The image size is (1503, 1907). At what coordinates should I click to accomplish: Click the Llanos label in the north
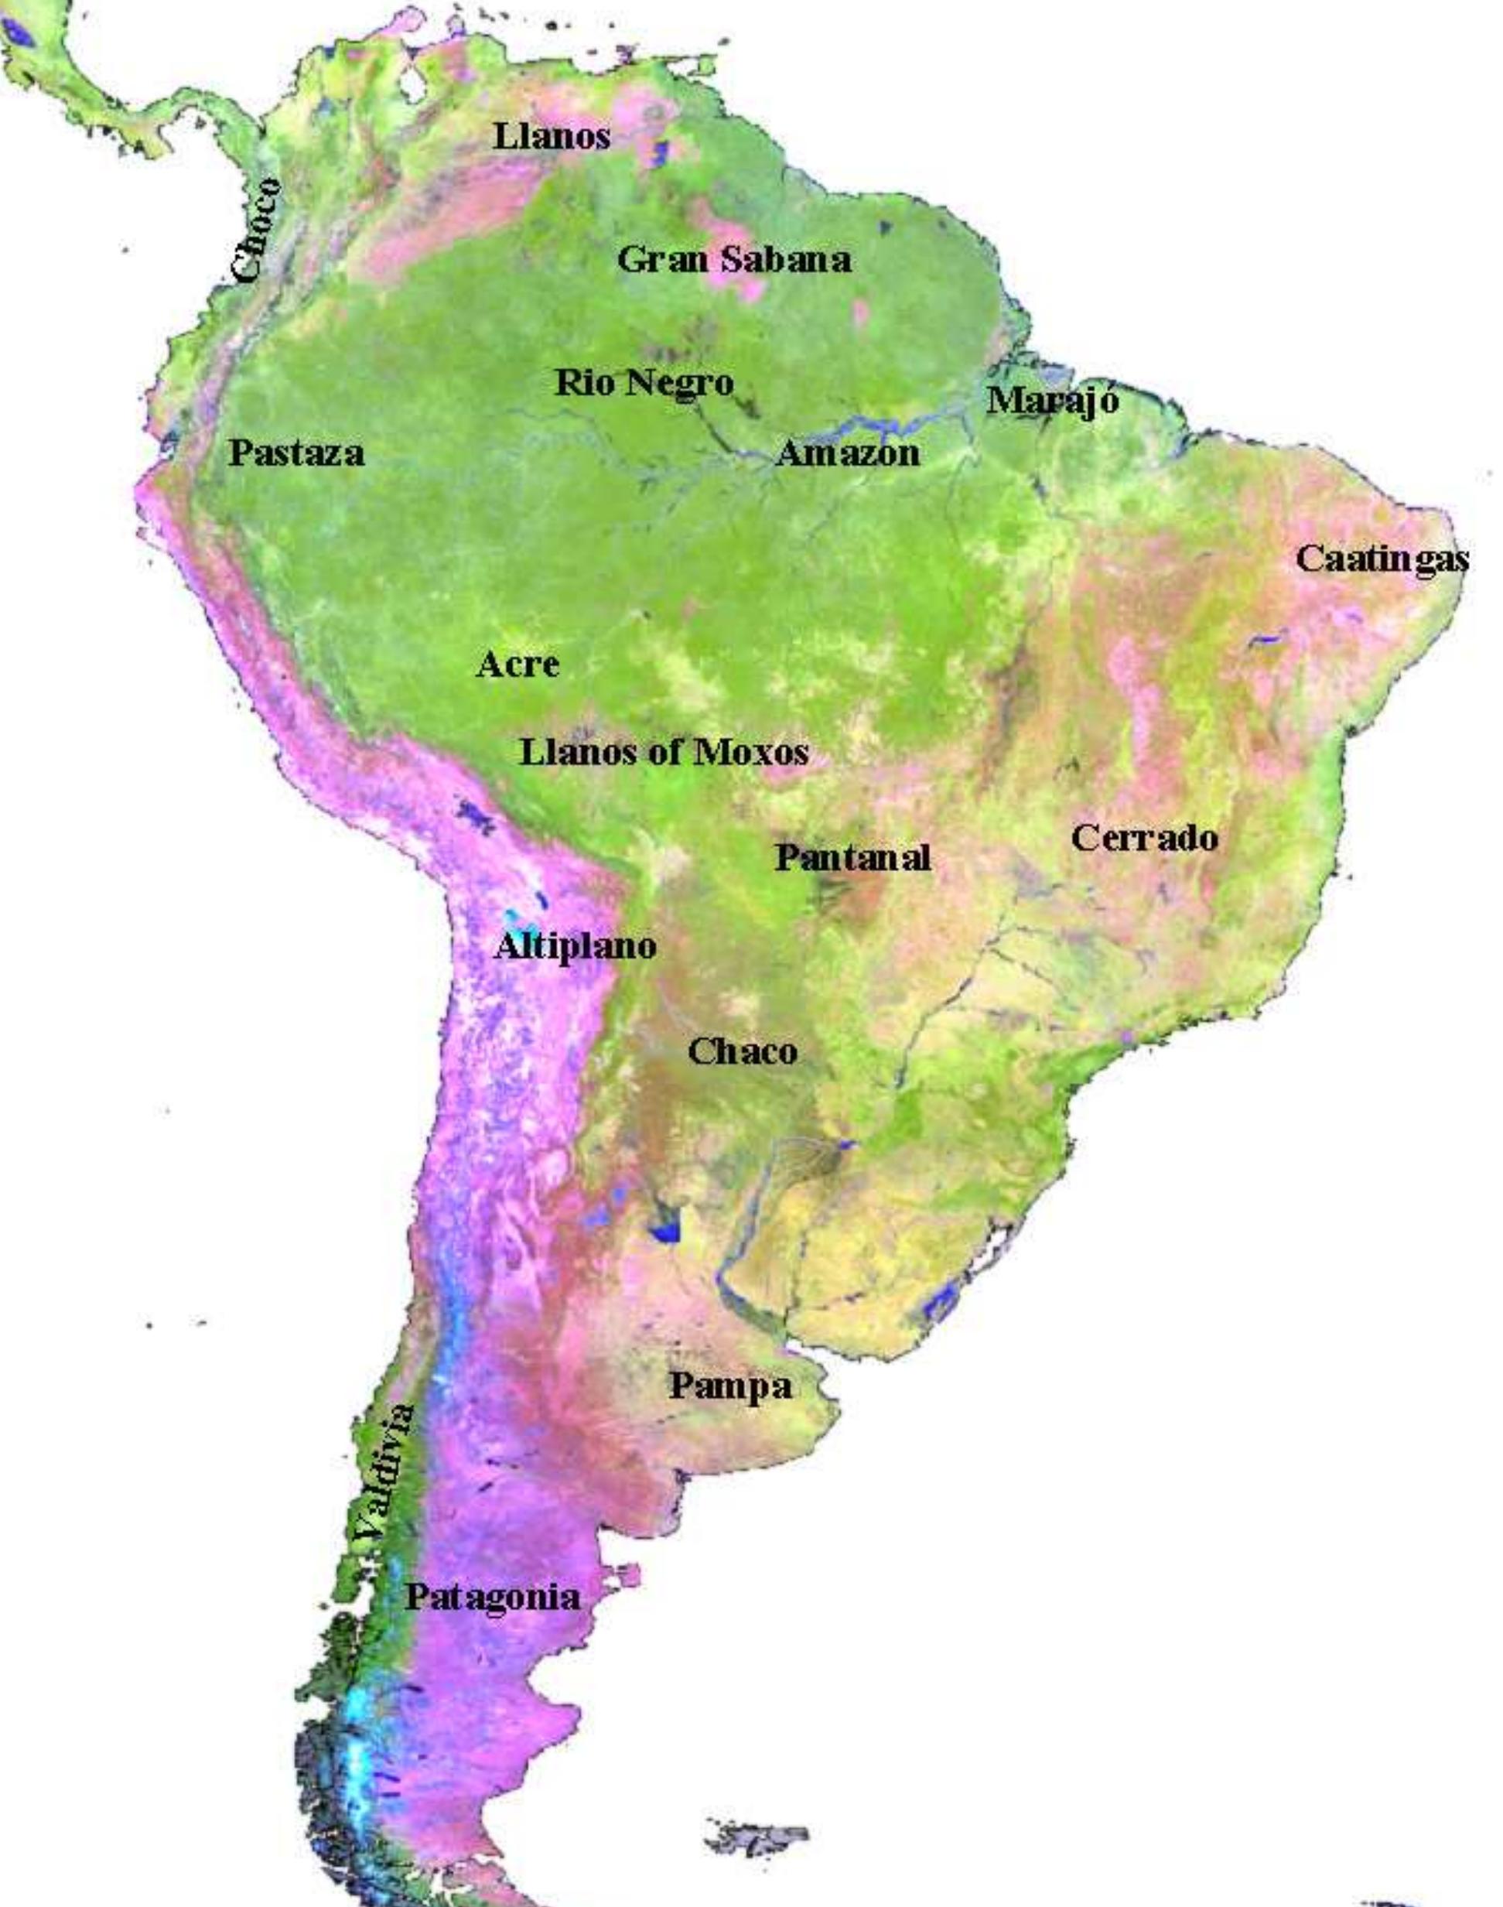pos(551,136)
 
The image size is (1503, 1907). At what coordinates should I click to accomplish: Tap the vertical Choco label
pos(258,231)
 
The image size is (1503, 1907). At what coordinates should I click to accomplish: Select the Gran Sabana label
pos(734,260)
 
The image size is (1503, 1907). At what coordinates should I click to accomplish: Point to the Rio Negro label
pos(644,383)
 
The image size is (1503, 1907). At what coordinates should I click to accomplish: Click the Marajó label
pos(1053,402)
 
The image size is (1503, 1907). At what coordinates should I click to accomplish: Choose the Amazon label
pos(847,454)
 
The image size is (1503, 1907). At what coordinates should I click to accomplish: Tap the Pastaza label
pos(295,453)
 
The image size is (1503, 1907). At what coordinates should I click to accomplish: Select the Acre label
pos(518,665)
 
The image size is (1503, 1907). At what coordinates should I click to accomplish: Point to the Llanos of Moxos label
pos(664,753)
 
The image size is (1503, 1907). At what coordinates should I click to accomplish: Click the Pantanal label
pos(852,857)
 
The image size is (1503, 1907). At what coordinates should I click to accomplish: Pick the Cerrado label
pos(1144,838)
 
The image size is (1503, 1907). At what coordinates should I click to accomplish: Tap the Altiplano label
pos(576,947)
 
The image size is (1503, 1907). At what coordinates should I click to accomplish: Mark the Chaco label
pos(742,1051)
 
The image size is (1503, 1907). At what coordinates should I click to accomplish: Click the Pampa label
pos(729,1386)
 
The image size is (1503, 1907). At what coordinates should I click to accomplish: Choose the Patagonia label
pos(493,1598)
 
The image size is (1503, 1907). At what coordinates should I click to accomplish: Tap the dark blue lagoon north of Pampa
pos(665,1229)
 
